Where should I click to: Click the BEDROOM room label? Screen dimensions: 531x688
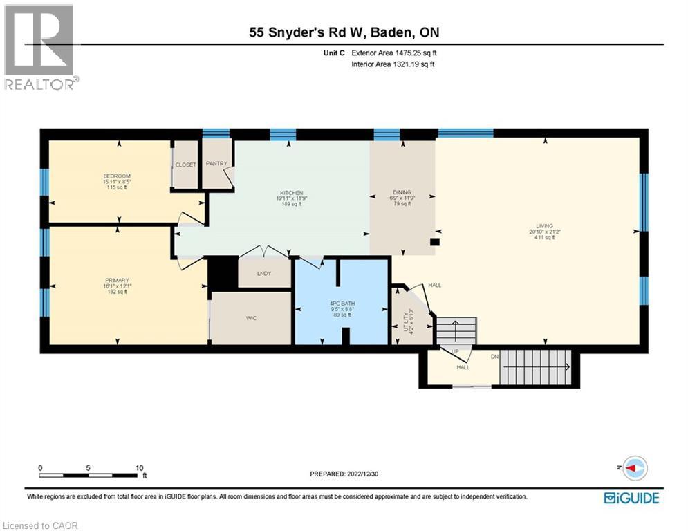click(117, 176)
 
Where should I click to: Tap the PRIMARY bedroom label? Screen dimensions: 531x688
click(117, 280)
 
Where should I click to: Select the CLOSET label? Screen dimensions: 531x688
click(185, 165)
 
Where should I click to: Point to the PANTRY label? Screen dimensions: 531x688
click(216, 165)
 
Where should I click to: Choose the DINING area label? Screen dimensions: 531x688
click(402, 192)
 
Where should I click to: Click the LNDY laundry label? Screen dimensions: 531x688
click(264, 274)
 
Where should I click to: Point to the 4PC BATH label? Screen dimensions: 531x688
click(339, 304)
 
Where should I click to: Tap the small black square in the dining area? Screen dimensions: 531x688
click(434, 242)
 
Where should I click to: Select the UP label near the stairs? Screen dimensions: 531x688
click(455, 352)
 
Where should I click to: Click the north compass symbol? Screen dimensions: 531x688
click(633, 468)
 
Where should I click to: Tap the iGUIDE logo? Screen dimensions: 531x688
click(631, 497)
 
